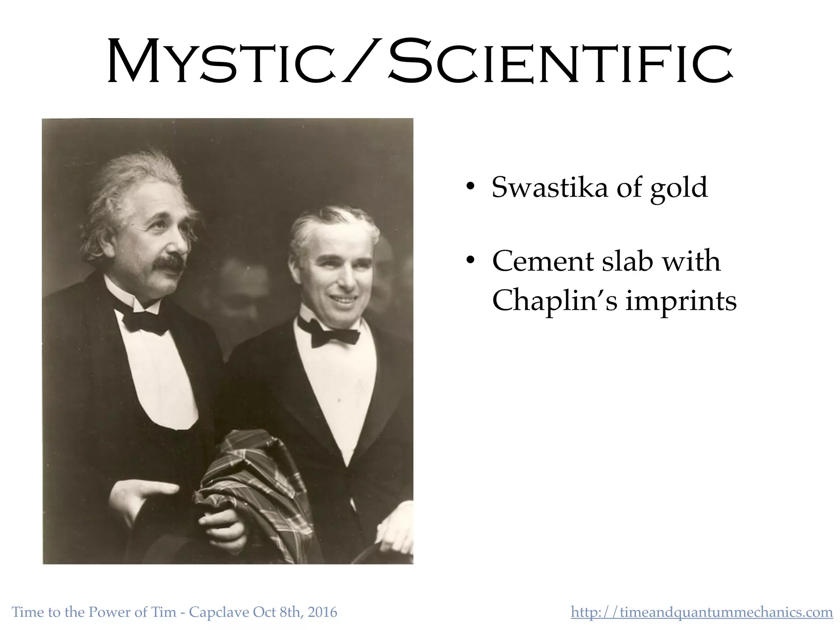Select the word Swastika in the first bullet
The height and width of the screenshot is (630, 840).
[x=550, y=187]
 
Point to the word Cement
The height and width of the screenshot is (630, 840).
[x=543, y=261]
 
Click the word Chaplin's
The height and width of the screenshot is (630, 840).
[x=554, y=301]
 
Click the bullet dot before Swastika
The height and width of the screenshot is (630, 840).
[x=470, y=187]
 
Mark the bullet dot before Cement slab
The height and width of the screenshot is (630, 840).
[x=470, y=260]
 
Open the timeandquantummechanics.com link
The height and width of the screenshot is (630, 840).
[x=702, y=612]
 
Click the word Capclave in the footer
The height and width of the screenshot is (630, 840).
[x=219, y=612]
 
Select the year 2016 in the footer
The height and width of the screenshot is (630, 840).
[x=322, y=612]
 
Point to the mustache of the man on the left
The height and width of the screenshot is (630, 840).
[x=169, y=263]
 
